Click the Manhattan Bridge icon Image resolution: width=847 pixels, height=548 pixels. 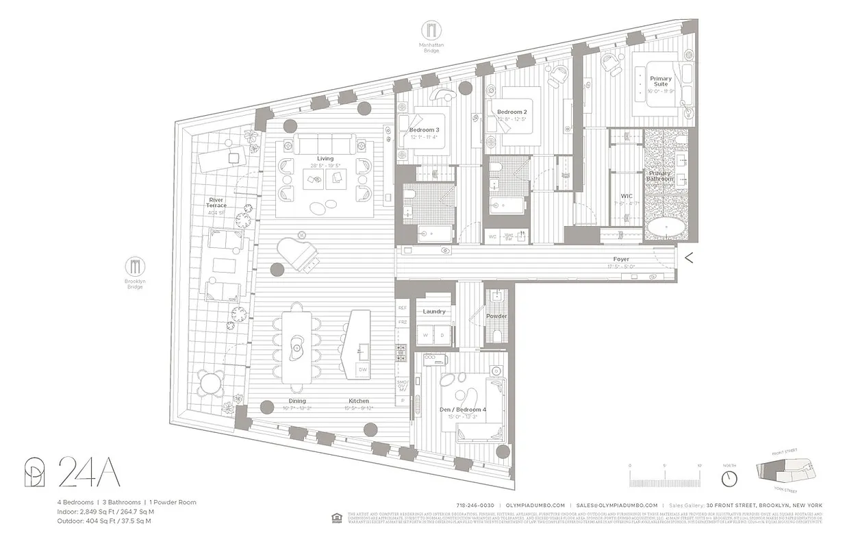click(432, 30)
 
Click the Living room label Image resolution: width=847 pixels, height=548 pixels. click(325, 159)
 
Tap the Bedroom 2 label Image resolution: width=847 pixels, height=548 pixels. click(511, 112)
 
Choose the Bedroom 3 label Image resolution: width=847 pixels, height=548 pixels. click(424, 130)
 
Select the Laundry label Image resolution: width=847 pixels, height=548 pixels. click(434, 312)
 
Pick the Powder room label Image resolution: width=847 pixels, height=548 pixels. click(496, 316)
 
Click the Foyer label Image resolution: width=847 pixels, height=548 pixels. click(621, 260)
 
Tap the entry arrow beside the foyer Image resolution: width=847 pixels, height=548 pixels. click(690, 258)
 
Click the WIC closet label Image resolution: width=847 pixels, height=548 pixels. click(627, 196)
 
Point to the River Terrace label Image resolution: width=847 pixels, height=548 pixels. click(216, 201)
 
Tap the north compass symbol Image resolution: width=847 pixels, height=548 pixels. click(730, 475)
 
